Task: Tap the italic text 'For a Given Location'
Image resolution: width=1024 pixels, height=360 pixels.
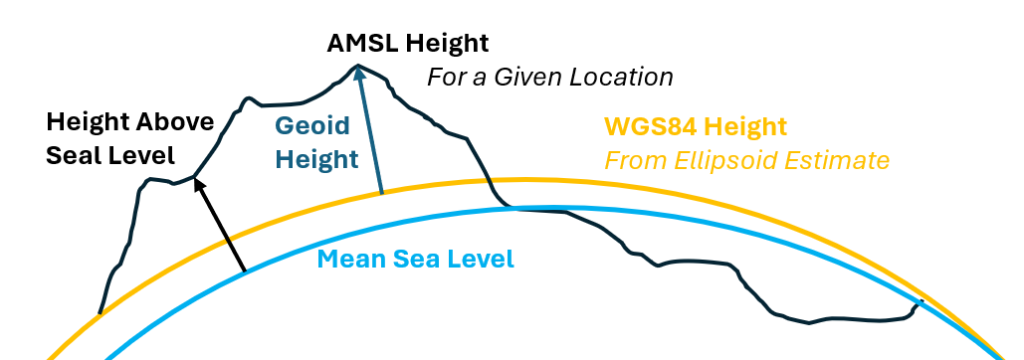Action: (x=550, y=78)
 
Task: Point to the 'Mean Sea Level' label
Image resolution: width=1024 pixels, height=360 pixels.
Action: (x=416, y=259)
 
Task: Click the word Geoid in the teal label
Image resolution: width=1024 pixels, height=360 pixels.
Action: (x=312, y=126)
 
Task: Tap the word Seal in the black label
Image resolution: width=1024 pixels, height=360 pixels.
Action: (x=71, y=156)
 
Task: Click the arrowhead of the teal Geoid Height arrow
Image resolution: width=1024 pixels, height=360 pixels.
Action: (x=359, y=73)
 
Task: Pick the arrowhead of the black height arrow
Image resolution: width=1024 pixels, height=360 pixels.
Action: (x=200, y=186)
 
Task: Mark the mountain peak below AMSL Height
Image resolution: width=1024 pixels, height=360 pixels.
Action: (x=357, y=64)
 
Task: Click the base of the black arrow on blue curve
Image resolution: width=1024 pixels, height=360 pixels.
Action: (x=245, y=270)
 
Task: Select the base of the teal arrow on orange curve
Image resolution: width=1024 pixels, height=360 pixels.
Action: (x=381, y=193)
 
